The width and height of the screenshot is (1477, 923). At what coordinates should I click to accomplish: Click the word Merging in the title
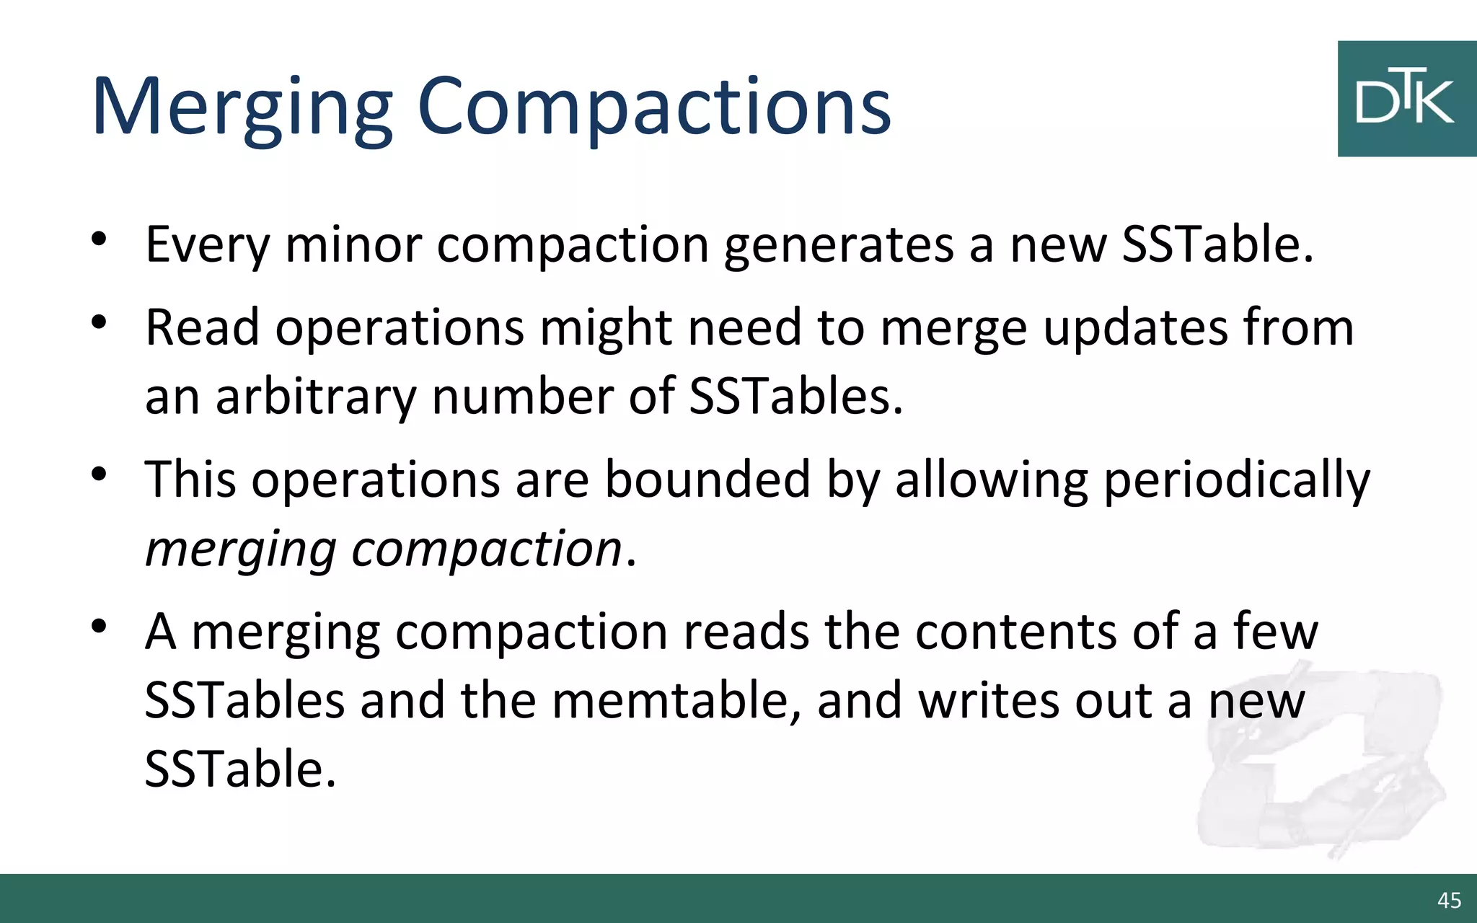[242, 108]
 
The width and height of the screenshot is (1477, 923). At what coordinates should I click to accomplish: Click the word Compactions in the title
[654, 108]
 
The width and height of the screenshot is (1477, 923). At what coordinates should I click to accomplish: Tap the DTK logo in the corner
[1406, 99]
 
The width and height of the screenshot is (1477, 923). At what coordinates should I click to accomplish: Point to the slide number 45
[1449, 900]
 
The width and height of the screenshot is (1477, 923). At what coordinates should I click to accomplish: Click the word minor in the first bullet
[353, 244]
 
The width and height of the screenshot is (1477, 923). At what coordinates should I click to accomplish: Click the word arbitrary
[316, 397]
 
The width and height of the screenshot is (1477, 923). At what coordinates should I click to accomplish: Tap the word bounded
[707, 480]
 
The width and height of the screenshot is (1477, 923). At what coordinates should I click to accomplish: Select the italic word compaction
[486, 550]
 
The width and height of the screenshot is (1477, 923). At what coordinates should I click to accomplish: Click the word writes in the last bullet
[988, 701]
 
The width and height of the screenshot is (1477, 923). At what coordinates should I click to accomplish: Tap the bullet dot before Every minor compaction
[100, 239]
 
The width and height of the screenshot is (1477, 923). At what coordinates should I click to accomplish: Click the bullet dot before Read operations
[100, 322]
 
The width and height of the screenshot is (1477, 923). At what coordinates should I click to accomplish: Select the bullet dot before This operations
[100, 474]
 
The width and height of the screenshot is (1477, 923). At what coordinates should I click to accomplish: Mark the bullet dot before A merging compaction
[100, 626]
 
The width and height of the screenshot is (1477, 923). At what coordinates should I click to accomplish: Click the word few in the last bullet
[1275, 632]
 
